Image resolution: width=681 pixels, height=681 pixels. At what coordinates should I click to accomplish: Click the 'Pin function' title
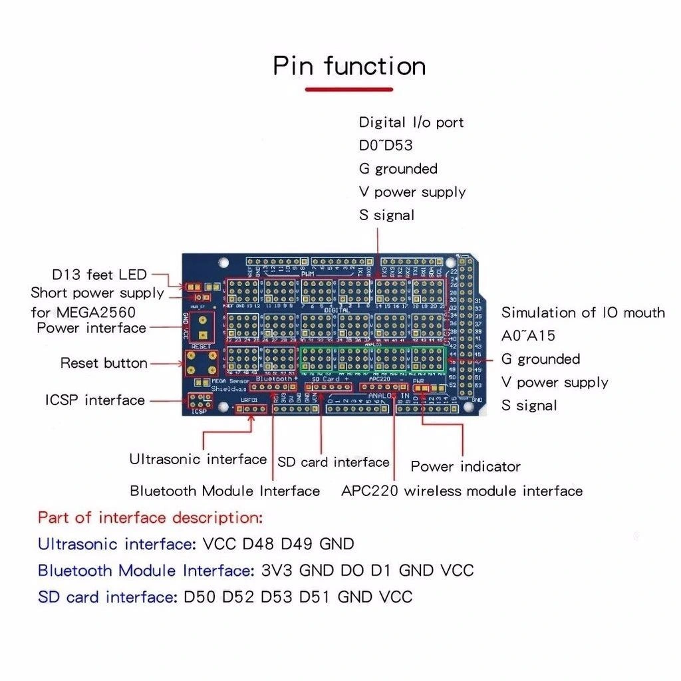point(349,67)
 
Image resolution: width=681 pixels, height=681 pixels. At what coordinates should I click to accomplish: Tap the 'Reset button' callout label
point(104,363)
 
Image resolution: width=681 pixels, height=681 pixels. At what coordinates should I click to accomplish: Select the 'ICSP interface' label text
point(94,400)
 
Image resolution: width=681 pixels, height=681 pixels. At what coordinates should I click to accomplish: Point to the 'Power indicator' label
point(466,466)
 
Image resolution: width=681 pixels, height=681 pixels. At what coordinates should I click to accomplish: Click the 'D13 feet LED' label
point(99,275)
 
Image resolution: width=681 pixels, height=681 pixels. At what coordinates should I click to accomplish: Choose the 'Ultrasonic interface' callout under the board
point(198,460)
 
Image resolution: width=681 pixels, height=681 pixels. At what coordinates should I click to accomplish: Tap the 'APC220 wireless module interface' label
point(462,491)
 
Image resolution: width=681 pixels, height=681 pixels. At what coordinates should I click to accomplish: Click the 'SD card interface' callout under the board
point(333,462)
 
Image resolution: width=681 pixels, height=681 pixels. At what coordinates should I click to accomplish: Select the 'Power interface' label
point(91,328)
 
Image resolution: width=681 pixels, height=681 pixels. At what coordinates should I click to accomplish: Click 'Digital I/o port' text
point(411,122)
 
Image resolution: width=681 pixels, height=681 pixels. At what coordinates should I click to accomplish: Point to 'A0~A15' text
point(529,336)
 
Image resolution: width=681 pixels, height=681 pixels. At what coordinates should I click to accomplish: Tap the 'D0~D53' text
point(386,146)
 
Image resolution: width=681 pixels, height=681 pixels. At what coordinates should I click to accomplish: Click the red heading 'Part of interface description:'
point(150,517)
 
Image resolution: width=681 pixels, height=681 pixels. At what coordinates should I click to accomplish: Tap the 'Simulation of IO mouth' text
point(583,313)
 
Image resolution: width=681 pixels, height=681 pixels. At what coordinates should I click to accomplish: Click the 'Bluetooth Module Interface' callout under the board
point(225,491)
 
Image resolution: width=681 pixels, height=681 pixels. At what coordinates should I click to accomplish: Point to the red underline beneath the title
point(349,89)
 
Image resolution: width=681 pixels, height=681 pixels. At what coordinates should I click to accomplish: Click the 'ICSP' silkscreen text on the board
point(200,412)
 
